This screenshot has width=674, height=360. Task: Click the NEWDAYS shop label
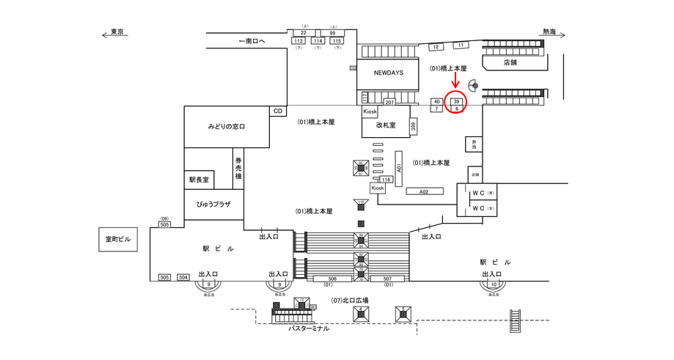click(388, 73)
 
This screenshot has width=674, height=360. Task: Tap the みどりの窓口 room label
click(226, 127)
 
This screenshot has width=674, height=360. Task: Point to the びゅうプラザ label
click(213, 204)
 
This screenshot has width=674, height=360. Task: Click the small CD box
click(278, 111)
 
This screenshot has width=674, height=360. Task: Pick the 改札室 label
click(386, 125)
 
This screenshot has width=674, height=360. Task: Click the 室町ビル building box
click(117, 240)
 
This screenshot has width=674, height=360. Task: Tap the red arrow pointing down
click(456, 86)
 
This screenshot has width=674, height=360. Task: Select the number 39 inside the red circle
click(456, 101)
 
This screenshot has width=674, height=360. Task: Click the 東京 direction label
click(116, 32)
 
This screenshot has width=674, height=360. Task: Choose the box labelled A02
click(423, 191)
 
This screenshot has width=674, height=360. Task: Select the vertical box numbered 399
click(414, 126)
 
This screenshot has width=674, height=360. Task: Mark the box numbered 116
click(386, 179)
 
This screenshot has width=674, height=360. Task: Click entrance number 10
click(494, 284)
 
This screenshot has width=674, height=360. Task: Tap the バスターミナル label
click(308, 328)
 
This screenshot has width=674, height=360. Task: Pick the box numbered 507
click(387, 279)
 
